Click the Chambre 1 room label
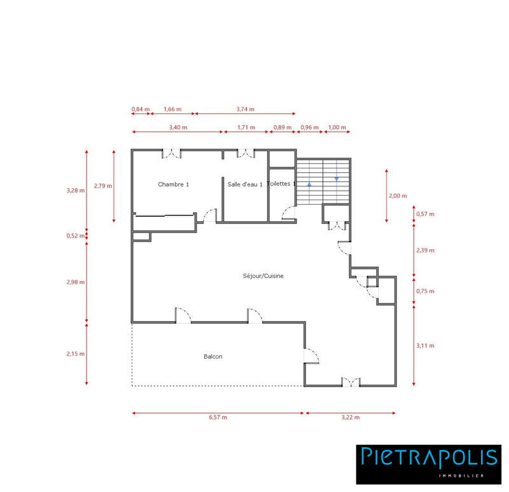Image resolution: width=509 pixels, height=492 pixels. [x=174, y=184]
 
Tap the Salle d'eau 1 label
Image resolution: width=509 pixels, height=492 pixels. [x=245, y=184]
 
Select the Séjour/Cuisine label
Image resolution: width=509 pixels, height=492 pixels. [x=263, y=276]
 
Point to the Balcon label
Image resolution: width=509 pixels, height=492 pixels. [x=213, y=357]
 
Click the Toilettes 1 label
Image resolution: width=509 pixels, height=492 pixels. [x=282, y=184]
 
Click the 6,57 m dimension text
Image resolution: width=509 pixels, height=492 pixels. [x=218, y=418]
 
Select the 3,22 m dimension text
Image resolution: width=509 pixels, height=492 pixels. [x=351, y=418]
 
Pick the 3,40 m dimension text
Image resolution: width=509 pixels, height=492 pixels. [x=178, y=127]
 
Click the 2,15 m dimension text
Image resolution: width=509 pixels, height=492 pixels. [x=76, y=353]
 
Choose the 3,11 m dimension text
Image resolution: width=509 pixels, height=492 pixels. [x=425, y=346]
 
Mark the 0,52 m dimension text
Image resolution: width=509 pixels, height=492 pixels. [x=76, y=236]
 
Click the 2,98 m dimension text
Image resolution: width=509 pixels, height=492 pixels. [x=76, y=282]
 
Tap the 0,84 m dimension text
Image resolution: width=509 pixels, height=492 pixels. [x=140, y=109]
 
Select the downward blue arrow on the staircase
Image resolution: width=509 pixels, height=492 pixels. [x=337, y=179]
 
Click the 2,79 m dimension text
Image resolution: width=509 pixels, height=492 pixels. [x=103, y=186]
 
